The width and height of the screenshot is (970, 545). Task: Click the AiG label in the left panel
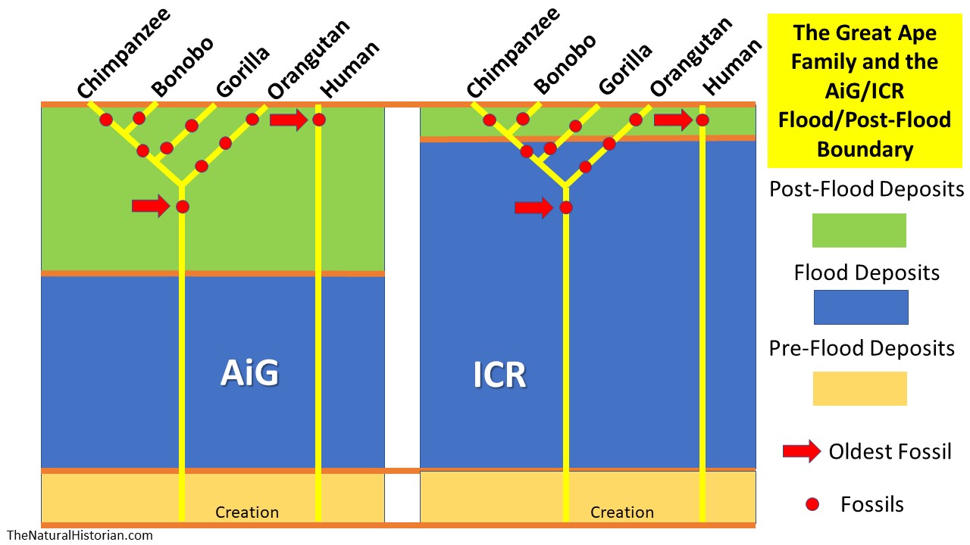(249, 373)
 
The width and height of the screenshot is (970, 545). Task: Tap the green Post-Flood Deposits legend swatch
(859, 230)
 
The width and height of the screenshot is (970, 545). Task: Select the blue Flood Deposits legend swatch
(860, 307)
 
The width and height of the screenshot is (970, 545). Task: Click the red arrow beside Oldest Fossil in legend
(801, 452)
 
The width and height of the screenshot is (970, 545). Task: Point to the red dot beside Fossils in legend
(812, 503)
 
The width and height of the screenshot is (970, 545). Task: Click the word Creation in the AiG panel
(247, 512)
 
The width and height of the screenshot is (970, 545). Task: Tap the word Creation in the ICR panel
(621, 512)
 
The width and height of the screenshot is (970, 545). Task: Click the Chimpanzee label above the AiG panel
(123, 53)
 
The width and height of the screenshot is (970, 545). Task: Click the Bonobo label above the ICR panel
(565, 65)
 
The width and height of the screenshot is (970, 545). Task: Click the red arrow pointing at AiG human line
(288, 120)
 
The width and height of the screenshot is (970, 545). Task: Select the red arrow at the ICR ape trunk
(533, 207)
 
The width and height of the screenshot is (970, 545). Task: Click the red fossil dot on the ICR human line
(702, 120)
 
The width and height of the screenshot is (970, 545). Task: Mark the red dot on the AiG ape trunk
(182, 207)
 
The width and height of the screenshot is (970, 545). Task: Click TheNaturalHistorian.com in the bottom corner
(79, 535)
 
